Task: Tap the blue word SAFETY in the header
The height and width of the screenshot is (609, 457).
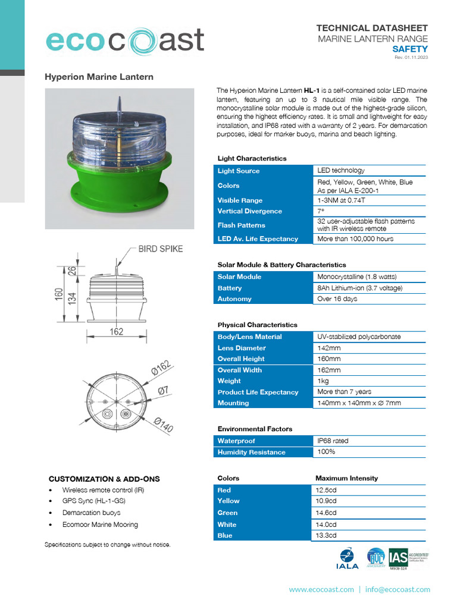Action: click(x=410, y=49)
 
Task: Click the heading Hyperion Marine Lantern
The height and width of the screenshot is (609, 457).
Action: click(x=99, y=77)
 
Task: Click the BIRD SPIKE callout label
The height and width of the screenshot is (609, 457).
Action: click(x=161, y=249)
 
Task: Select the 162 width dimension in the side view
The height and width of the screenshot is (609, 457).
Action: click(x=117, y=331)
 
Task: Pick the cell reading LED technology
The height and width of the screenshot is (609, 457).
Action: click(x=341, y=171)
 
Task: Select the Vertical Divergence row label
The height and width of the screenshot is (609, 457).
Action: click(x=249, y=211)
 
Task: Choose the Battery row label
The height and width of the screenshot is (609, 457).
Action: click(x=230, y=288)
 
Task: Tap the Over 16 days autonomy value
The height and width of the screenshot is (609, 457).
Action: click(x=337, y=299)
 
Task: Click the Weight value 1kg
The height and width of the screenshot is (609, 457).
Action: click(x=324, y=381)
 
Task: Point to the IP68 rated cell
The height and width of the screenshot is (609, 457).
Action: click(x=333, y=441)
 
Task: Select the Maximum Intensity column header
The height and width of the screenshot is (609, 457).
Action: click(x=346, y=478)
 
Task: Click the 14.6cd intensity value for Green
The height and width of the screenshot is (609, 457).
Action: click(x=327, y=513)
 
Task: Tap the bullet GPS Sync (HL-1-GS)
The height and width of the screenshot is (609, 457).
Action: click(x=93, y=501)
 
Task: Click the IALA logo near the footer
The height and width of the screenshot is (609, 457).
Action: click(x=347, y=559)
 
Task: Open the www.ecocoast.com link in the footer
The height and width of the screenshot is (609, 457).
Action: click(x=321, y=589)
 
